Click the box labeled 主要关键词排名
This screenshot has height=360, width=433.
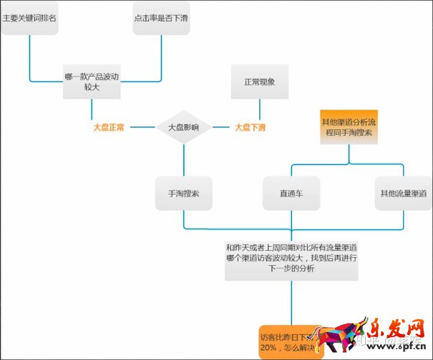point(29,17)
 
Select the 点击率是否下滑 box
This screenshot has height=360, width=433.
point(162,17)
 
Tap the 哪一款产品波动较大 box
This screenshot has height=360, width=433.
point(92,80)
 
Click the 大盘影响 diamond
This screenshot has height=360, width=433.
point(184,127)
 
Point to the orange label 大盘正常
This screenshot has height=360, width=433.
point(108,127)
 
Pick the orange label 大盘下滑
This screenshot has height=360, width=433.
point(250,127)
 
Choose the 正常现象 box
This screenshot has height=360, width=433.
point(259,81)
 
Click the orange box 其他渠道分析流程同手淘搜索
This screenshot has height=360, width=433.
point(348,127)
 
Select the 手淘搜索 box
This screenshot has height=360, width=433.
point(184,193)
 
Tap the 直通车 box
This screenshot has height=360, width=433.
point(291,193)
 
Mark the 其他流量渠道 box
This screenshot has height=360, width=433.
point(403,193)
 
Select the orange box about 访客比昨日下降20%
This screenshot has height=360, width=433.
point(291,340)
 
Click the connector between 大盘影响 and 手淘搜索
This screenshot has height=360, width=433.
point(184,160)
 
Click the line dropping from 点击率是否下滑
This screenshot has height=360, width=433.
point(162,54)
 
